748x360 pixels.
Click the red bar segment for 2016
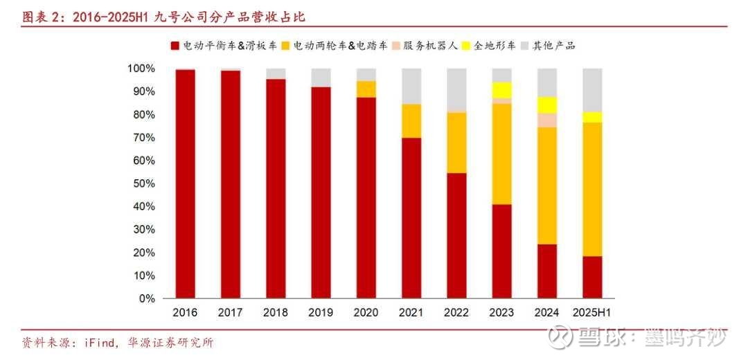[x=185, y=183]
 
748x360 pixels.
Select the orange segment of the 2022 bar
[x=456, y=143]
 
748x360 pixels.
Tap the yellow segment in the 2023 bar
[x=502, y=90]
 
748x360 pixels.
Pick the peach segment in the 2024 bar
[x=547, y=120]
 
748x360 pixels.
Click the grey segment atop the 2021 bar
[x=411, y=86]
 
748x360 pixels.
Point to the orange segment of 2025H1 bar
[x=592, y=189]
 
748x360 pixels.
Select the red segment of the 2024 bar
[x=547, y=271]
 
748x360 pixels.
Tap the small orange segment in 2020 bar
[x=366, y=89]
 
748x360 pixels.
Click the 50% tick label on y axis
[x=141, y=183]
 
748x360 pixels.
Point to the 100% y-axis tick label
[x=139, y=69]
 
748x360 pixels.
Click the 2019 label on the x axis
[x=321, y=313]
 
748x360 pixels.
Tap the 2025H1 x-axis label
[x=592, y=313]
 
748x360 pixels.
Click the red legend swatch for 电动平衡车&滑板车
[x=175, y=46]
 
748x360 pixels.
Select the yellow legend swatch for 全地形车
[x=466, y=46]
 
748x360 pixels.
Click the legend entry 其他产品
[x=553, y=46]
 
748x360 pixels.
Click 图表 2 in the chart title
[x=42, y=17]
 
